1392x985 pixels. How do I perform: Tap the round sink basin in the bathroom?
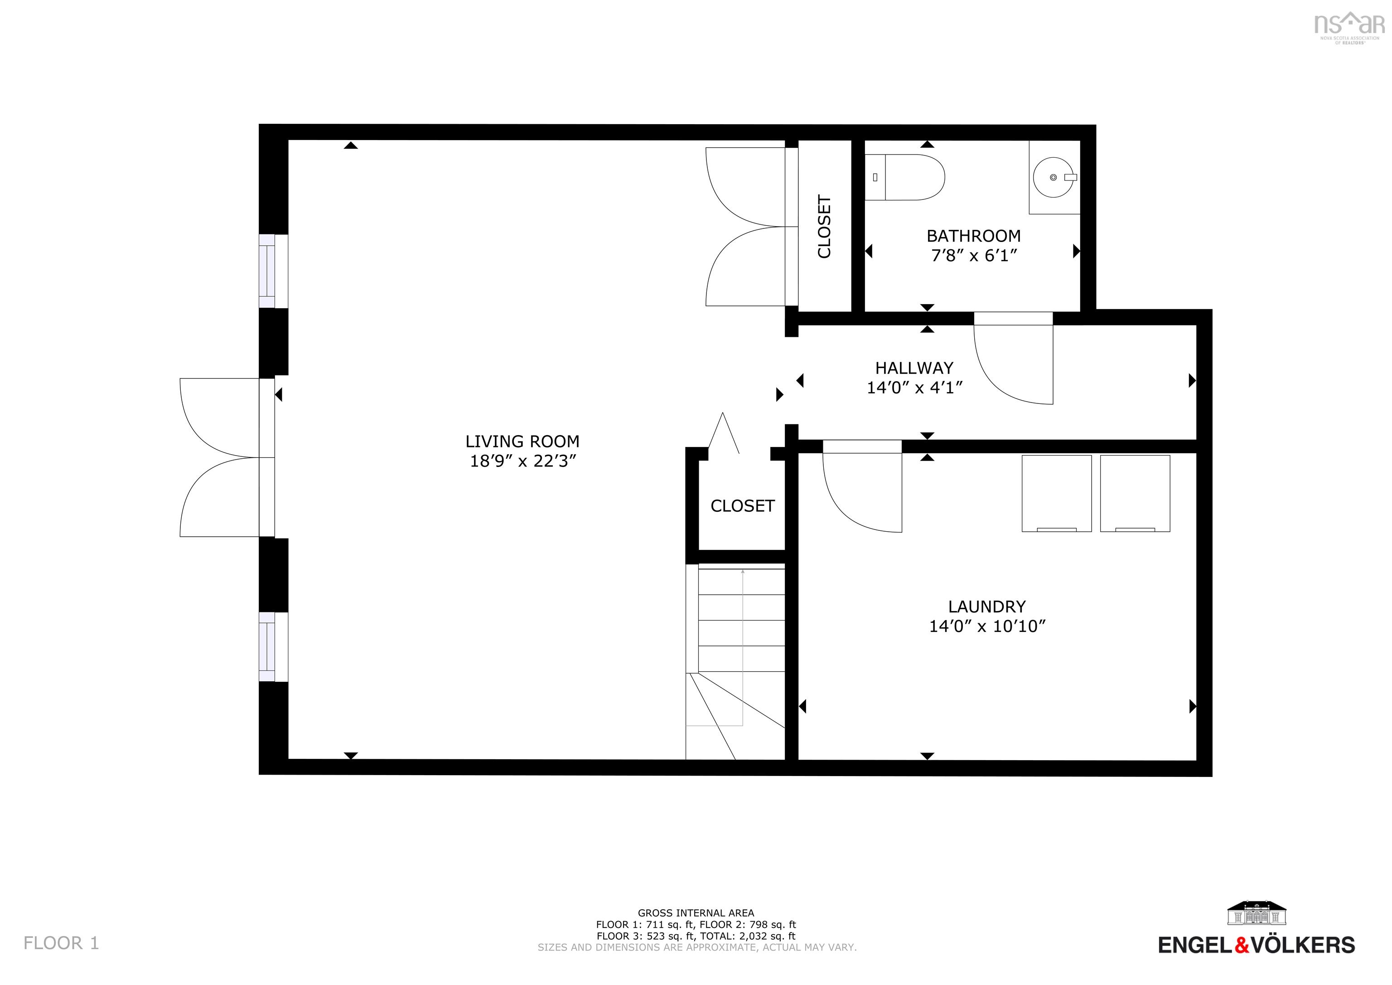(1053, 177)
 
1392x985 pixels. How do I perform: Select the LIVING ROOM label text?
(522, 442)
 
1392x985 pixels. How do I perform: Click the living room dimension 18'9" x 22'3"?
(522, 461)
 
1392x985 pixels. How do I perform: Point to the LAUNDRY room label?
(986, 607)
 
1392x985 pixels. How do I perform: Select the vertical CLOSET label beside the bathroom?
(824, 226)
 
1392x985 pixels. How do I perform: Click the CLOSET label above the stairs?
(742, 506)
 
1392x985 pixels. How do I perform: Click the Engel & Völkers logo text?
(1256, 945)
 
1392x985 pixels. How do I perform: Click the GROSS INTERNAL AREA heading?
(696, 913)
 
